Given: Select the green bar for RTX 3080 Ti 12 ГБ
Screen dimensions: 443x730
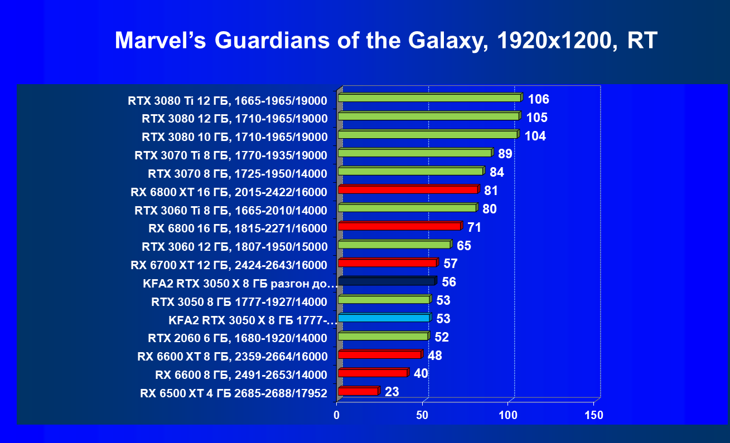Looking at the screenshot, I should pos(429,98).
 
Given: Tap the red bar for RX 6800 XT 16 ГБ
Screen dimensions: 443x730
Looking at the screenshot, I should pos(408,190).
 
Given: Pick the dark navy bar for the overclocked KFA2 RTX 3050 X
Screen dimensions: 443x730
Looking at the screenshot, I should pos(386,281).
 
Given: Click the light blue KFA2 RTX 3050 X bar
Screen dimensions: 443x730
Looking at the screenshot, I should pos(384,318).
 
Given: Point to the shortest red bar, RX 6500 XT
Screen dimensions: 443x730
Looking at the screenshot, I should pos(358,392).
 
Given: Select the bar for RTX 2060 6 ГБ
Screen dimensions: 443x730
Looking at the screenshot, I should pos(383,337).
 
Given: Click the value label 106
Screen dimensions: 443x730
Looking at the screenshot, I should pos(538,100).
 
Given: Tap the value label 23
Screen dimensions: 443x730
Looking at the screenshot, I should pos(391,392).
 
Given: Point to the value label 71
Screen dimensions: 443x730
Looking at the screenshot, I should pos(474,227).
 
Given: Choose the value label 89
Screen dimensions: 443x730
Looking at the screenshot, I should pos(505,154).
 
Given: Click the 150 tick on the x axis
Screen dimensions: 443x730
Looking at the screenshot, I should pos(593,416).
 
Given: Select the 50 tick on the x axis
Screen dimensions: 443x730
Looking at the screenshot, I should pos(422,416).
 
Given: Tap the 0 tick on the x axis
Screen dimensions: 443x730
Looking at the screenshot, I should pos(337,416).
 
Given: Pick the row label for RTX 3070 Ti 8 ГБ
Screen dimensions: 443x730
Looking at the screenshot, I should pos(231,155).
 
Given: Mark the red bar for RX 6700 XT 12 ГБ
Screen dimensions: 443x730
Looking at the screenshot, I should pos(388,263).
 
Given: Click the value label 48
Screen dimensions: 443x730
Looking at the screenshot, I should pos(434,356).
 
